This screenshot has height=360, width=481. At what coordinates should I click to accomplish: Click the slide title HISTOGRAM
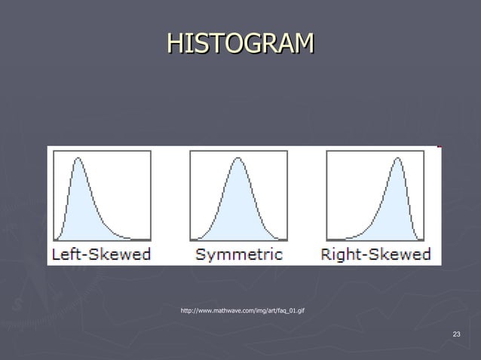coord(240,44)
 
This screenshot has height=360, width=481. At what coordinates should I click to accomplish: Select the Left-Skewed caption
coord(101,254)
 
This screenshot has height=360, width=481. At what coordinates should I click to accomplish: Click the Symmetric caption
coord(239,254)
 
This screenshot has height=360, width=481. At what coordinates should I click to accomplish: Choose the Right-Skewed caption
coord(375,254)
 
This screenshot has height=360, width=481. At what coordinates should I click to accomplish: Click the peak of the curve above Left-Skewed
coord(78,158)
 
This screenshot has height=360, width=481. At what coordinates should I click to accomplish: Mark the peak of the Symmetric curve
coord(238,158)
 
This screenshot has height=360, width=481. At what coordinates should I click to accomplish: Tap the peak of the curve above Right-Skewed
coord(398,158)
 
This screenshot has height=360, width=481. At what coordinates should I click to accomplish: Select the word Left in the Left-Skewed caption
coord(66,254)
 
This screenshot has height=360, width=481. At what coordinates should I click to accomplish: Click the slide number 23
coord(456,334)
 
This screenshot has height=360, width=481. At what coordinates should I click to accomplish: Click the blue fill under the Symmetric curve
coord(238,207)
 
